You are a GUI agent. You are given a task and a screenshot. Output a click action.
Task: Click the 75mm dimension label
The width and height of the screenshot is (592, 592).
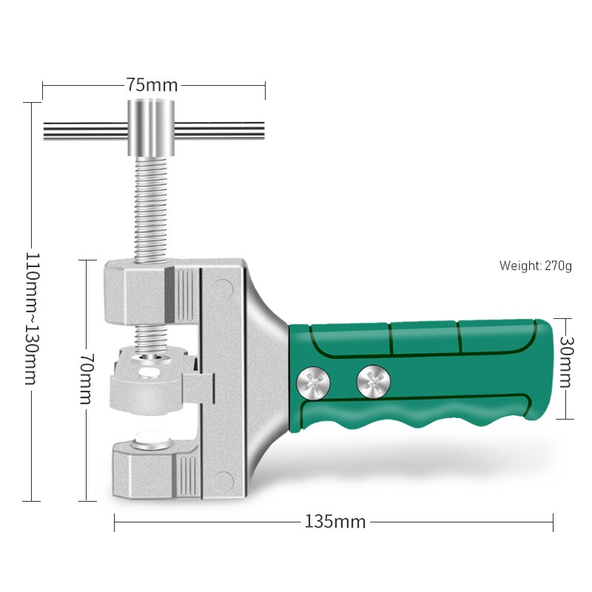tap(152, 85)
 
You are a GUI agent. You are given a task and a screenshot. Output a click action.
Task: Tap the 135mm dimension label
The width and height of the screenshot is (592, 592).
tap(335, 522)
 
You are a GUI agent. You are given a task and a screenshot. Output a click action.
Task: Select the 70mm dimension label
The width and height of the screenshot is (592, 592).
tap(87, 379)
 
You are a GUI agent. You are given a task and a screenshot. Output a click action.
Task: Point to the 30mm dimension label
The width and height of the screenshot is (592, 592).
tap(565, 362)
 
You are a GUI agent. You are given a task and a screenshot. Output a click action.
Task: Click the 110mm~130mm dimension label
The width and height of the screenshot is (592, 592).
tap(32, 318)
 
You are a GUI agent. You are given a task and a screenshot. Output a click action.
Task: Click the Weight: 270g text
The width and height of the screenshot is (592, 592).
tap(535, 266)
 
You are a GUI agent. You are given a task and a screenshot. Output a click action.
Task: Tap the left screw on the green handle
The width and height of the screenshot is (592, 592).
tap(313, 383)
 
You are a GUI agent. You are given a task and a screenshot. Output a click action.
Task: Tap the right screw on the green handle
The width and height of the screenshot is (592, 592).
tap(373, 381)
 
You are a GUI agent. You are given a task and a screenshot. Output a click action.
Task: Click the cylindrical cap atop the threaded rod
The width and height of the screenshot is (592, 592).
tap(151, 127)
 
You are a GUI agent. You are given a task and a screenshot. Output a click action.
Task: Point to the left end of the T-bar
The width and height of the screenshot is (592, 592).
tap(44, 131)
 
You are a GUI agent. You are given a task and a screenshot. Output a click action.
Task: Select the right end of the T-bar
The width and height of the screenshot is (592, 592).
tap(263, 131)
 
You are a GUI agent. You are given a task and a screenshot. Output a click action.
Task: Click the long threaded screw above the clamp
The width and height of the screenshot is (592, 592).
tap(151, 209)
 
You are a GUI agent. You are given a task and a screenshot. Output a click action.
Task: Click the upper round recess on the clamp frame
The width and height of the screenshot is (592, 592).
tap(223, 288)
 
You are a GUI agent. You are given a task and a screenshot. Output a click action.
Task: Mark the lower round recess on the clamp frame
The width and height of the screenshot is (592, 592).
tap(222, 480)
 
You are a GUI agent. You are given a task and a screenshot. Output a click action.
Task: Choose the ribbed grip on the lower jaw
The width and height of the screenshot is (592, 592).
tap(186, 477)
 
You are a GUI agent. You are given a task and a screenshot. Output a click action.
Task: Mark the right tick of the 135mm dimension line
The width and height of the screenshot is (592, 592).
tap(553, 522)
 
